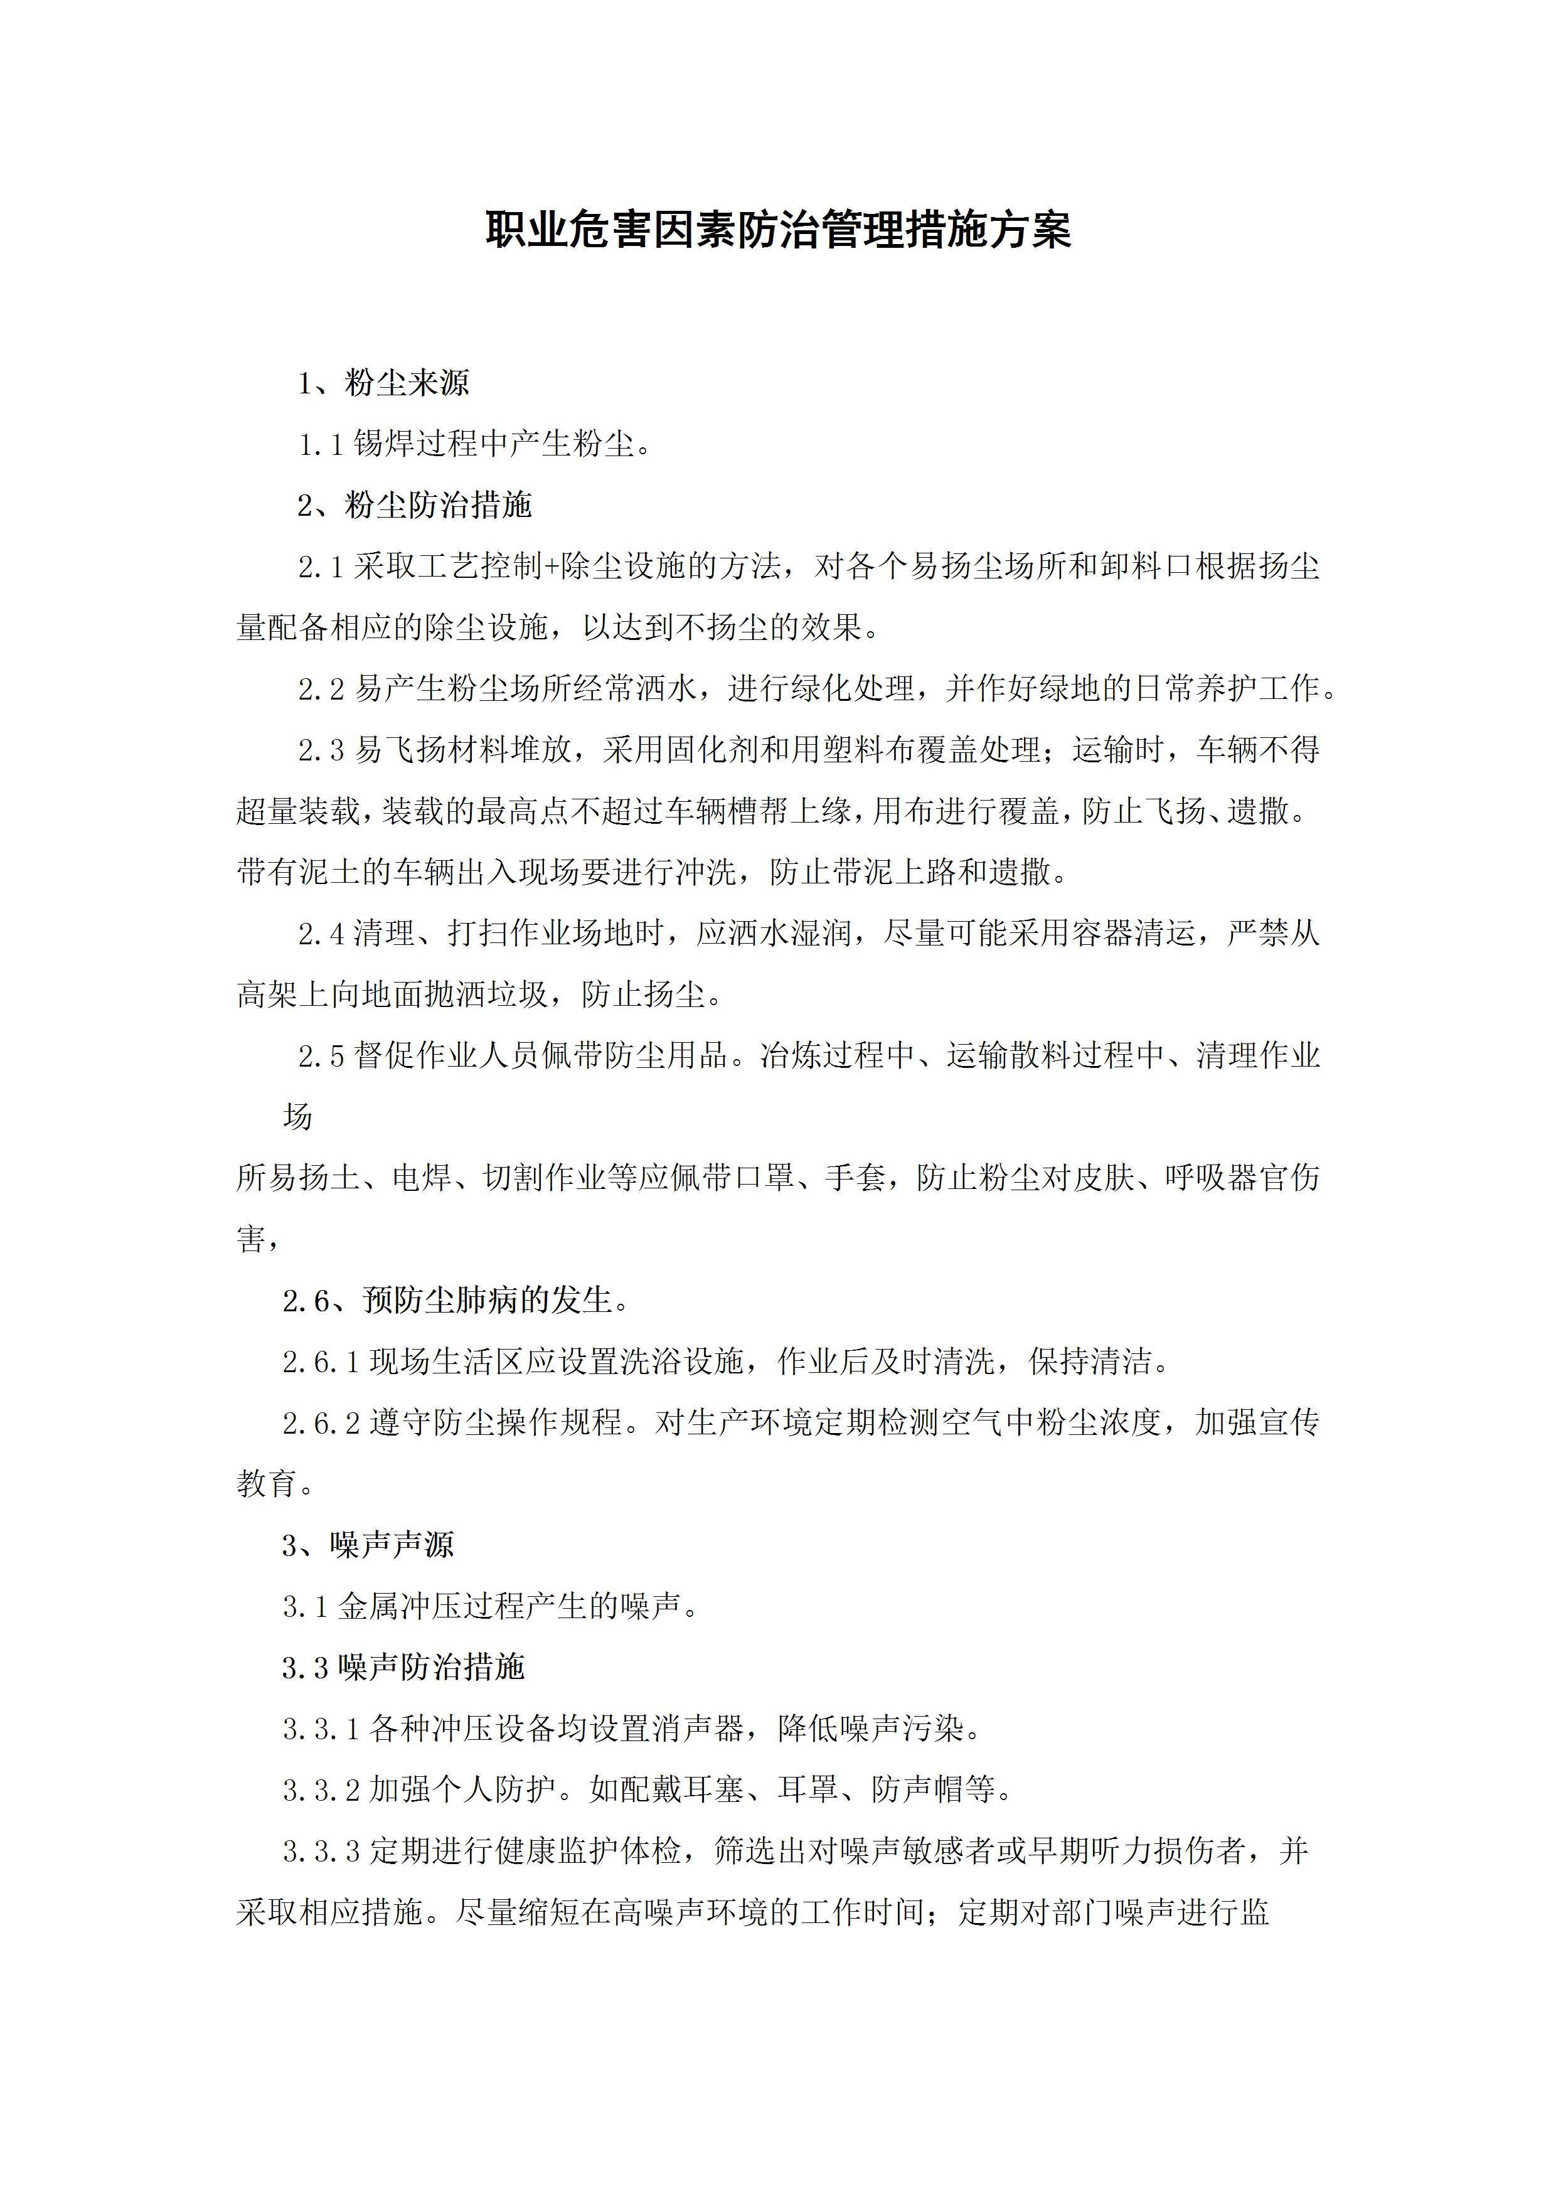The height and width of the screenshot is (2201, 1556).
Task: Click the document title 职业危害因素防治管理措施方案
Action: pos(777,230)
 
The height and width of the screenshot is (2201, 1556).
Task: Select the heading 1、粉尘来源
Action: pos(383,383)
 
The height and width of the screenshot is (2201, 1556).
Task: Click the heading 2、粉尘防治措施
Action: pos(414,505)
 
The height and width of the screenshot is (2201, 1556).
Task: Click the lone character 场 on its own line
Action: pos(297,1117)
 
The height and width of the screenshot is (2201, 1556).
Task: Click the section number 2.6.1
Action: pos(320,1362)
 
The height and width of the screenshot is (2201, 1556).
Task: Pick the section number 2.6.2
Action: pos(320,1422)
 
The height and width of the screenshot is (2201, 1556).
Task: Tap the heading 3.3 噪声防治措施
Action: pos(403,1667)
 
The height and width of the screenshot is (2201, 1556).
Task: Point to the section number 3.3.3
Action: pos(320,1850)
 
